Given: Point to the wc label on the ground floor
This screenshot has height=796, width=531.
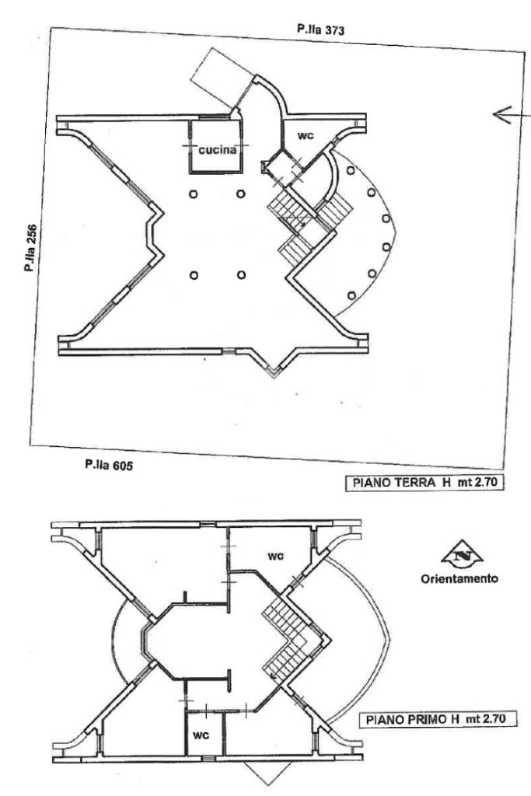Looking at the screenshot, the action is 306,135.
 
